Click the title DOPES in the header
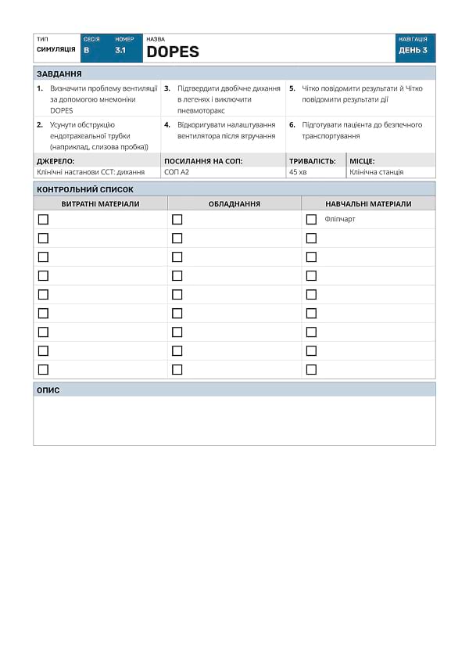click(x=173, y=52)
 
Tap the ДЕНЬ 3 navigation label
click(x=413, y=50)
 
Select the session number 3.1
click(x=120, y=50)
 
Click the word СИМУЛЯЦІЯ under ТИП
click(x=56, y=49)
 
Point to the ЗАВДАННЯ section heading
click(x=59, y=74)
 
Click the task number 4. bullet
click(x=167, y=124)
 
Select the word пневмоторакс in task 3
click(x=201, y=110)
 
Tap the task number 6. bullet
click(x=292, y=124)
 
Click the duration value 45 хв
click(x=298, y=172)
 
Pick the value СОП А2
click(x=177, y=172)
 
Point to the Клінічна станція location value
click(x=376, y=172)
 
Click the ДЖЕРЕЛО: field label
click(x=55, y=161)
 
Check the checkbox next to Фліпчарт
click(x=311, y=219)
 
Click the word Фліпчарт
click(x=340, y=219)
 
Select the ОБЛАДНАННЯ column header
click(x=234, y=203)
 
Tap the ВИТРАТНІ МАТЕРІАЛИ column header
click(x=100, y=203)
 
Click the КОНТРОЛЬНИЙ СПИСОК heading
click(x=85, y=189)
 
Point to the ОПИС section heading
click(x=48, y=389)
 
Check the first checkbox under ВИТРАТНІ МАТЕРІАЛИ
click(x=43, y=219)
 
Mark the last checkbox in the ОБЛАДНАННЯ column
click(x=177, y=369)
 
